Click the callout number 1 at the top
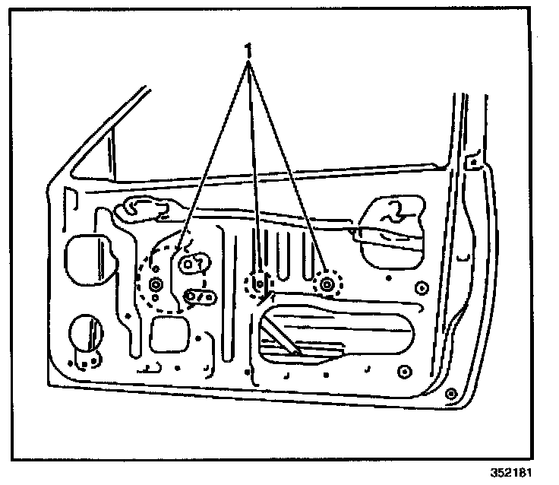248,49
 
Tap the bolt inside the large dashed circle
156,285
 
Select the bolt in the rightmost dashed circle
327,285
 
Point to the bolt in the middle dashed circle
259,284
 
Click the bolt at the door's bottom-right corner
450,394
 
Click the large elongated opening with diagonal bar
342,334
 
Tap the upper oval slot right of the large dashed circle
194,263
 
